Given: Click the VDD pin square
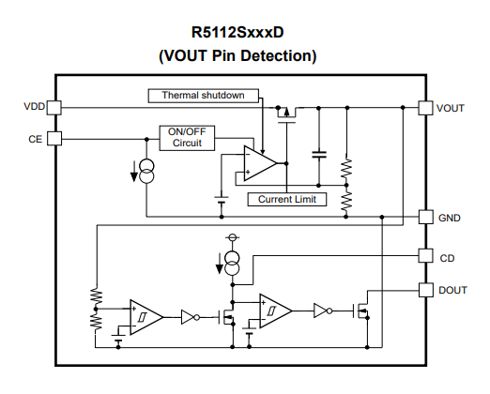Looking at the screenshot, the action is point(54,108).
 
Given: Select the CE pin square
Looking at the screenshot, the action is point(54,139).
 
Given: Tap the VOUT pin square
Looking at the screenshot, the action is point(426,108).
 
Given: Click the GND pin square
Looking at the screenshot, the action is point(426,217).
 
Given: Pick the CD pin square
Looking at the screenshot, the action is point(426,255).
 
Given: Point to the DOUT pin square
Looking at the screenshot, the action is point(426,290).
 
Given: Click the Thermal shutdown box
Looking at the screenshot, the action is point(204,96).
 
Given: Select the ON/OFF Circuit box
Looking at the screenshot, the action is point(187,138).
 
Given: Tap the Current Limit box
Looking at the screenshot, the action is point(287,199).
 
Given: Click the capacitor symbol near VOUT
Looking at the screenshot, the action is point(319,155).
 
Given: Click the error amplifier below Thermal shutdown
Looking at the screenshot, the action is point(260,163).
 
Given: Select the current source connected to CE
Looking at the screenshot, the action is point(146,171).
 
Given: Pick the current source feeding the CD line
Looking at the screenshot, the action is point(233,264).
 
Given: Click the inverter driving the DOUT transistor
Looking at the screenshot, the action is point(323,311).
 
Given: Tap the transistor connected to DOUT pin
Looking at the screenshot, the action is point(361,311).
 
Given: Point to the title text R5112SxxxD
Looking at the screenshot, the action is point(237,32).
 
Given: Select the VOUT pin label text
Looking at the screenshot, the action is point(450,108).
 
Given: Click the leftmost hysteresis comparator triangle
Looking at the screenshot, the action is point(146,317).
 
